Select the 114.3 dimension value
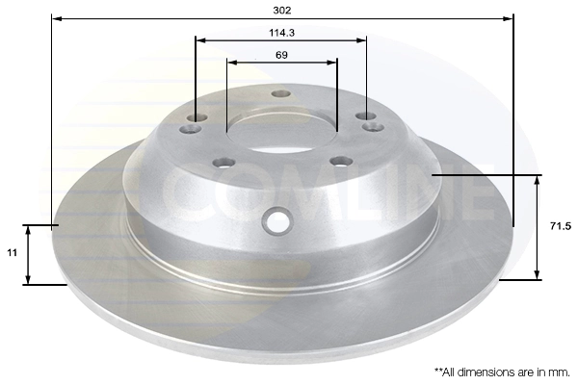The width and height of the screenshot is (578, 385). [x=281, y=32]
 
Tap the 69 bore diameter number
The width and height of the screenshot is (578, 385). [x=281, y=55]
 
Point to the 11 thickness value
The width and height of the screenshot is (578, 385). [x=13, y=252]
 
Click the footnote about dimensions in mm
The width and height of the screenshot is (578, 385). [x=502, y=371]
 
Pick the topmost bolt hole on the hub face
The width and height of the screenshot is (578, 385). [x=281, y=94]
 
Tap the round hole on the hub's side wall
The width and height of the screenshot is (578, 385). [x=278, y=220]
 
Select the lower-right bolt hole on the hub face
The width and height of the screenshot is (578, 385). [x=340, y=161]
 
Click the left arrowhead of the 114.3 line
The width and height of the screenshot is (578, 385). [x=199, y=40]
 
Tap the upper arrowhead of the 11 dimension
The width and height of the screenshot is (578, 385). [x=30, y=229]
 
